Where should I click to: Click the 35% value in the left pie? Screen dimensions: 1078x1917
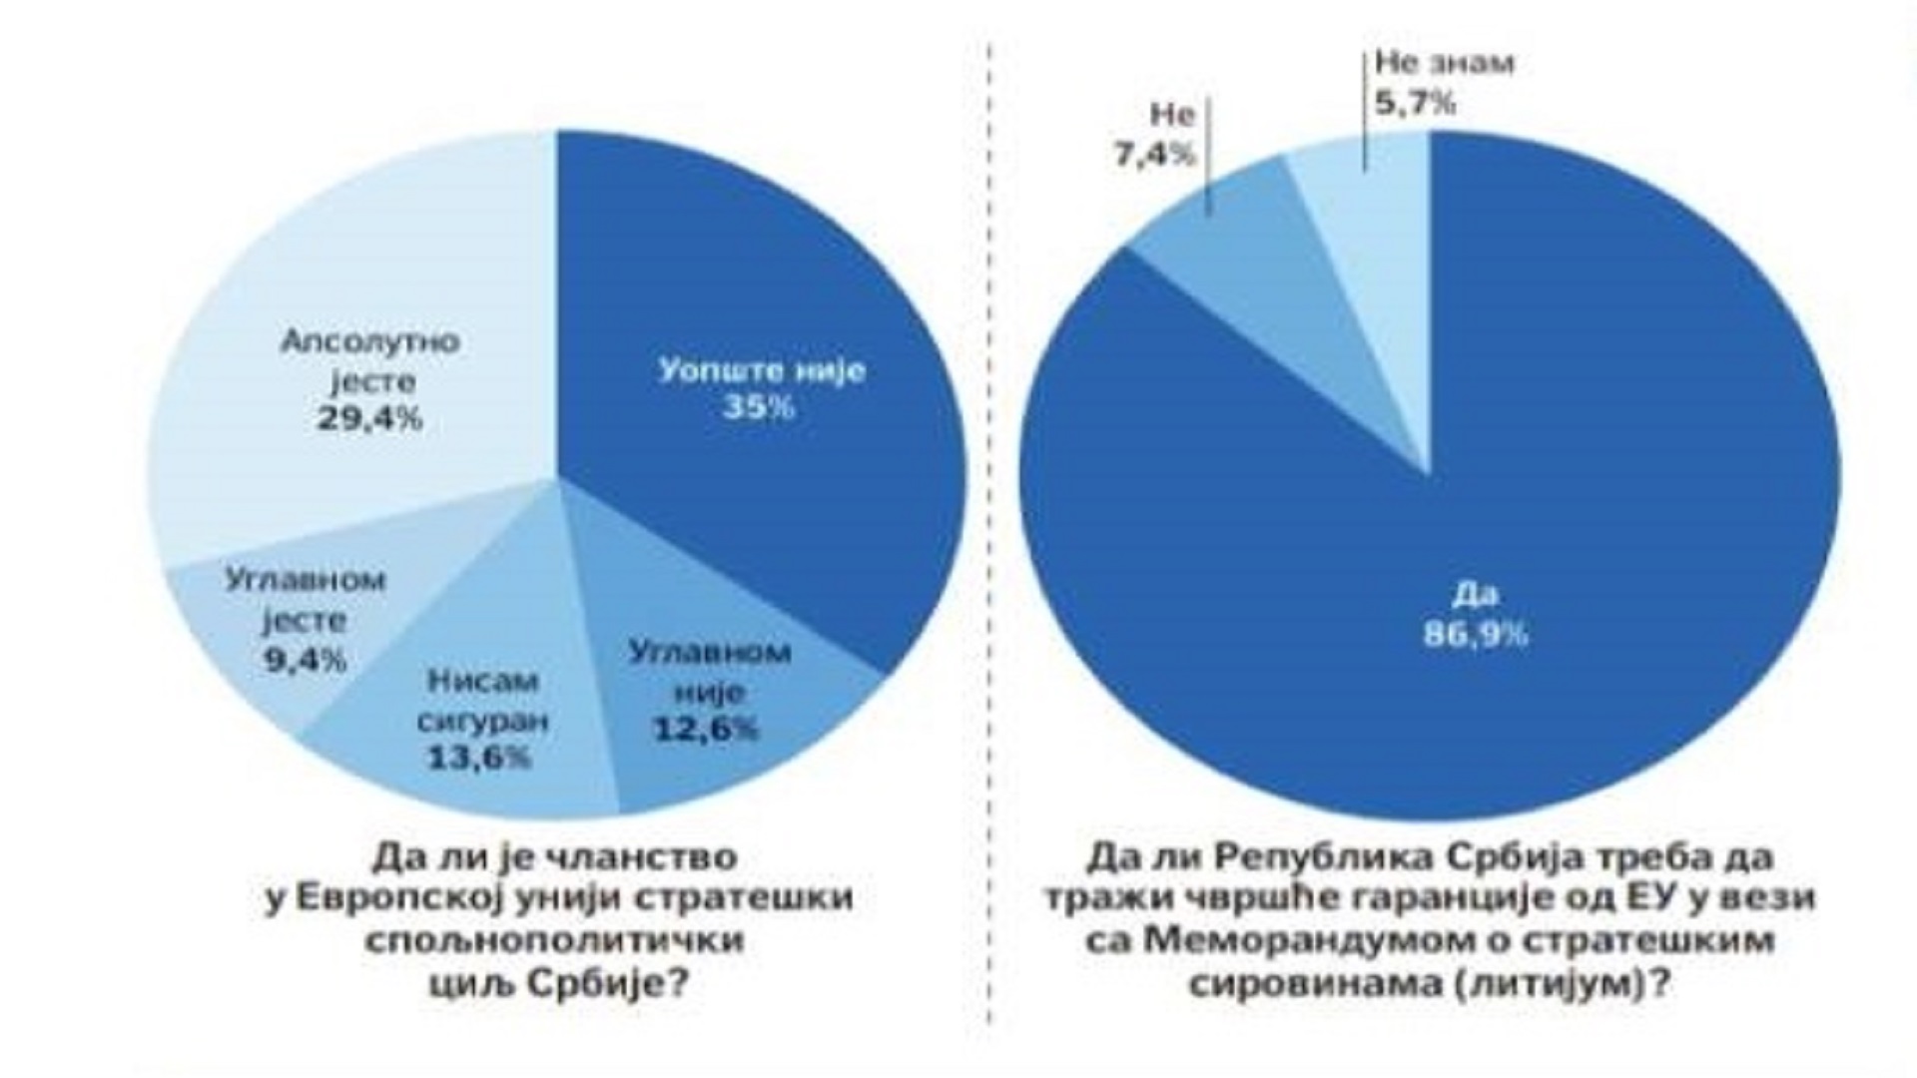pyautogui.click(x=759, y=408)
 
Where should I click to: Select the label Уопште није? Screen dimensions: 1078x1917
pyautogui.click(x=762, y=370)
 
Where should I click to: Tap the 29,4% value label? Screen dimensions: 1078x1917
pyautogui.click(x=370, y=418)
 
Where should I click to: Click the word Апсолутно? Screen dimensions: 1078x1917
pyautogui.click(x=370, y=342)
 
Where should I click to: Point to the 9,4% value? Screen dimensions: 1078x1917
pyautogui.click(x=306, y=660)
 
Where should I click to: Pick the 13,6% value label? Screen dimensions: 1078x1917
pyautogui.click(x=479, y=759)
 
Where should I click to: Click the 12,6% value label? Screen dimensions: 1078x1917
pyautogui.click(x=706, y=730)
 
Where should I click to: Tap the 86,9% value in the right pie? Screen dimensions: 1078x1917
pyautogui.click(x=1476, y=635)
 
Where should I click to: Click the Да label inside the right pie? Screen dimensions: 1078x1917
pyautogui.click(x=1475, y=596)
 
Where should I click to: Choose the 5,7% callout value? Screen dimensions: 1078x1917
pyautogui.click(x=1415, y=102)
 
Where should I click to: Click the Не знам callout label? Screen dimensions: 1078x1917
pyautogui.click(x=1444, y=63)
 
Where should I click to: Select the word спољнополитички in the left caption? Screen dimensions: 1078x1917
pyautogui.click(x=555, y=940)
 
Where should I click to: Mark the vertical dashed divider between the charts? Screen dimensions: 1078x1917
pyautogui.click(x=990, y=539)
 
